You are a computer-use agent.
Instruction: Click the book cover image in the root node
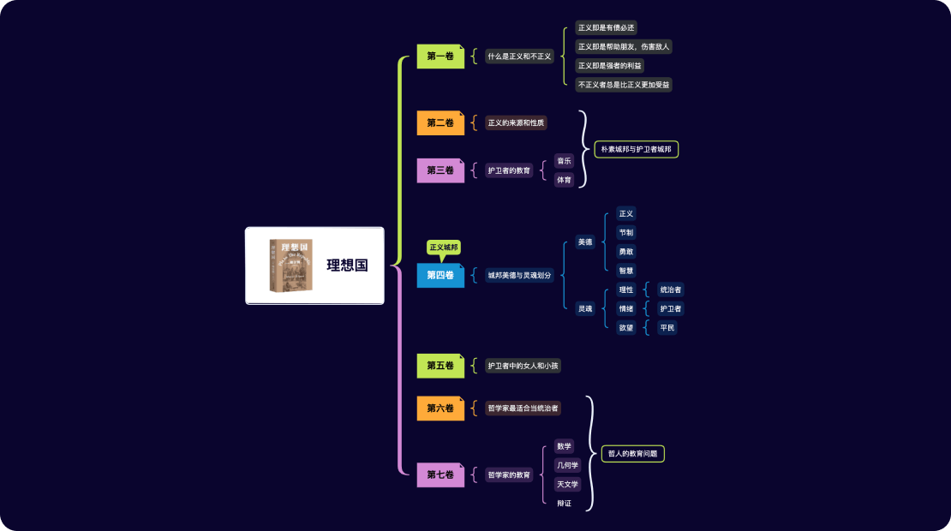click(x=290, y=265)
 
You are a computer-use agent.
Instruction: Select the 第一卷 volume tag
click(x=440, y=57)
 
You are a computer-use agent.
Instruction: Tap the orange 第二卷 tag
click(x=440, y=123)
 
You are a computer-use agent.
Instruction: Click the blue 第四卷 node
click(x=440, y=276)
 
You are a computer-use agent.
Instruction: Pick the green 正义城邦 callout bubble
click(x=444, y=248)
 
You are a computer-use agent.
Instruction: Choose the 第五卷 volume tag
click(x=440, y=366)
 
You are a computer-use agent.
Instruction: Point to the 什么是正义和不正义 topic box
click(x=519, y=57)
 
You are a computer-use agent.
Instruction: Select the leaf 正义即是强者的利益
click(x=609, y=66)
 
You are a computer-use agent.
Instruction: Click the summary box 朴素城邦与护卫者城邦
click(x=636, y=149)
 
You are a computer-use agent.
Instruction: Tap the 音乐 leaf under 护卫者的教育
click(x=564, y=160)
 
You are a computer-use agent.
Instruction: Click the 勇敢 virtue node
click(x=626, y=252)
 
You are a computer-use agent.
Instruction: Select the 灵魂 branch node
click(x=585, y=308)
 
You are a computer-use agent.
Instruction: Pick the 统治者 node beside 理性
click(x=671, y=290)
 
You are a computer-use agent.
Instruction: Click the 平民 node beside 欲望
click(x=667, y=327)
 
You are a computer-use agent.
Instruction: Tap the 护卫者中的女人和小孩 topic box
click(x=523, y=366)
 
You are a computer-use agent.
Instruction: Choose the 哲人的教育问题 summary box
click(x=632, y=454)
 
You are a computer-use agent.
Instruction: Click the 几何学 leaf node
click(x=567, y=465)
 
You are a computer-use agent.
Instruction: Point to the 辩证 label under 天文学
click(x=564, y=503)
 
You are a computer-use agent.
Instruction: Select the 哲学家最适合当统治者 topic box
click(x=523, y=409)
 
